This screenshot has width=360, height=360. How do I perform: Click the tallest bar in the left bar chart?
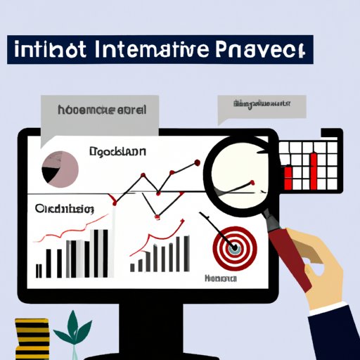pos(105,252)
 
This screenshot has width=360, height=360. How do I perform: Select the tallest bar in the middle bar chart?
pos(186,253)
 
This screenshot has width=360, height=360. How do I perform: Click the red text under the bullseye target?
pos(219,278)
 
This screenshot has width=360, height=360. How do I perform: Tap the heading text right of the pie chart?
pos(117,150)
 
